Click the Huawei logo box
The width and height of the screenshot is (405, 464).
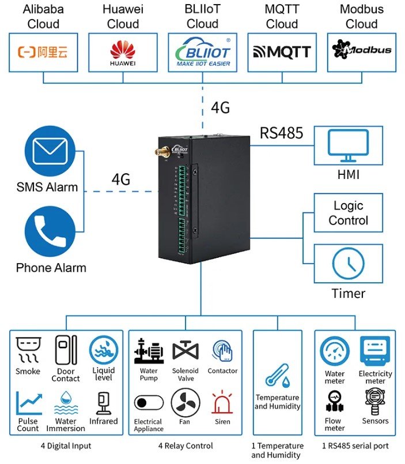point(123,53)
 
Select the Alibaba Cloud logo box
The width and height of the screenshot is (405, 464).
point(43,53)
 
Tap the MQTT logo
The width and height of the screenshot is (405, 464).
point(282,52)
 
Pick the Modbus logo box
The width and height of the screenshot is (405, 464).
point(361,52)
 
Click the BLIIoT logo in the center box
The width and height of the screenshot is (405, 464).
point(202,53)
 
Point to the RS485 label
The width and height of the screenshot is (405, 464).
point(281,133)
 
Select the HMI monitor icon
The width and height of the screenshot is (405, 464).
point(347,147)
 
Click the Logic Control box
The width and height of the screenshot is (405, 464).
point(348,213)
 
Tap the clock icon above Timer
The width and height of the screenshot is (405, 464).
point(348,263)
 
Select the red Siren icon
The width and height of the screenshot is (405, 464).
point(222,402)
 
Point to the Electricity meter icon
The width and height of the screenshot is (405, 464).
point(375,351)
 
